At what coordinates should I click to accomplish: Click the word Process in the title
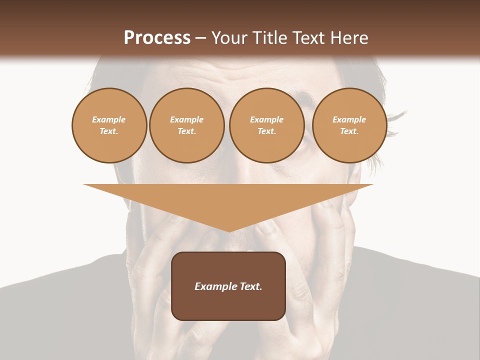(x=157, y=37)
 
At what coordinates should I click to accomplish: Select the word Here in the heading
(x=349, y=37)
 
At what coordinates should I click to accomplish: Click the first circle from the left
(x=109, y=125)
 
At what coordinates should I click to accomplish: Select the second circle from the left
(x=186, y=125)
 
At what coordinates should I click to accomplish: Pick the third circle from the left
(x=266, y=125)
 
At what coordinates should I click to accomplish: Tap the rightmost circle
(x=349, y=125)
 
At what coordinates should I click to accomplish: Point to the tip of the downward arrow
(x=228, y=231)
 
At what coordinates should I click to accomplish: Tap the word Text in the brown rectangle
(x=250, y=286)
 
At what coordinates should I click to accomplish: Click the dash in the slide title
(x=200, y=38)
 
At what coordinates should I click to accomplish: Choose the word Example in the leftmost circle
(x=109, y=119)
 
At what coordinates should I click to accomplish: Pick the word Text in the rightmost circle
(x=349, y=131)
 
